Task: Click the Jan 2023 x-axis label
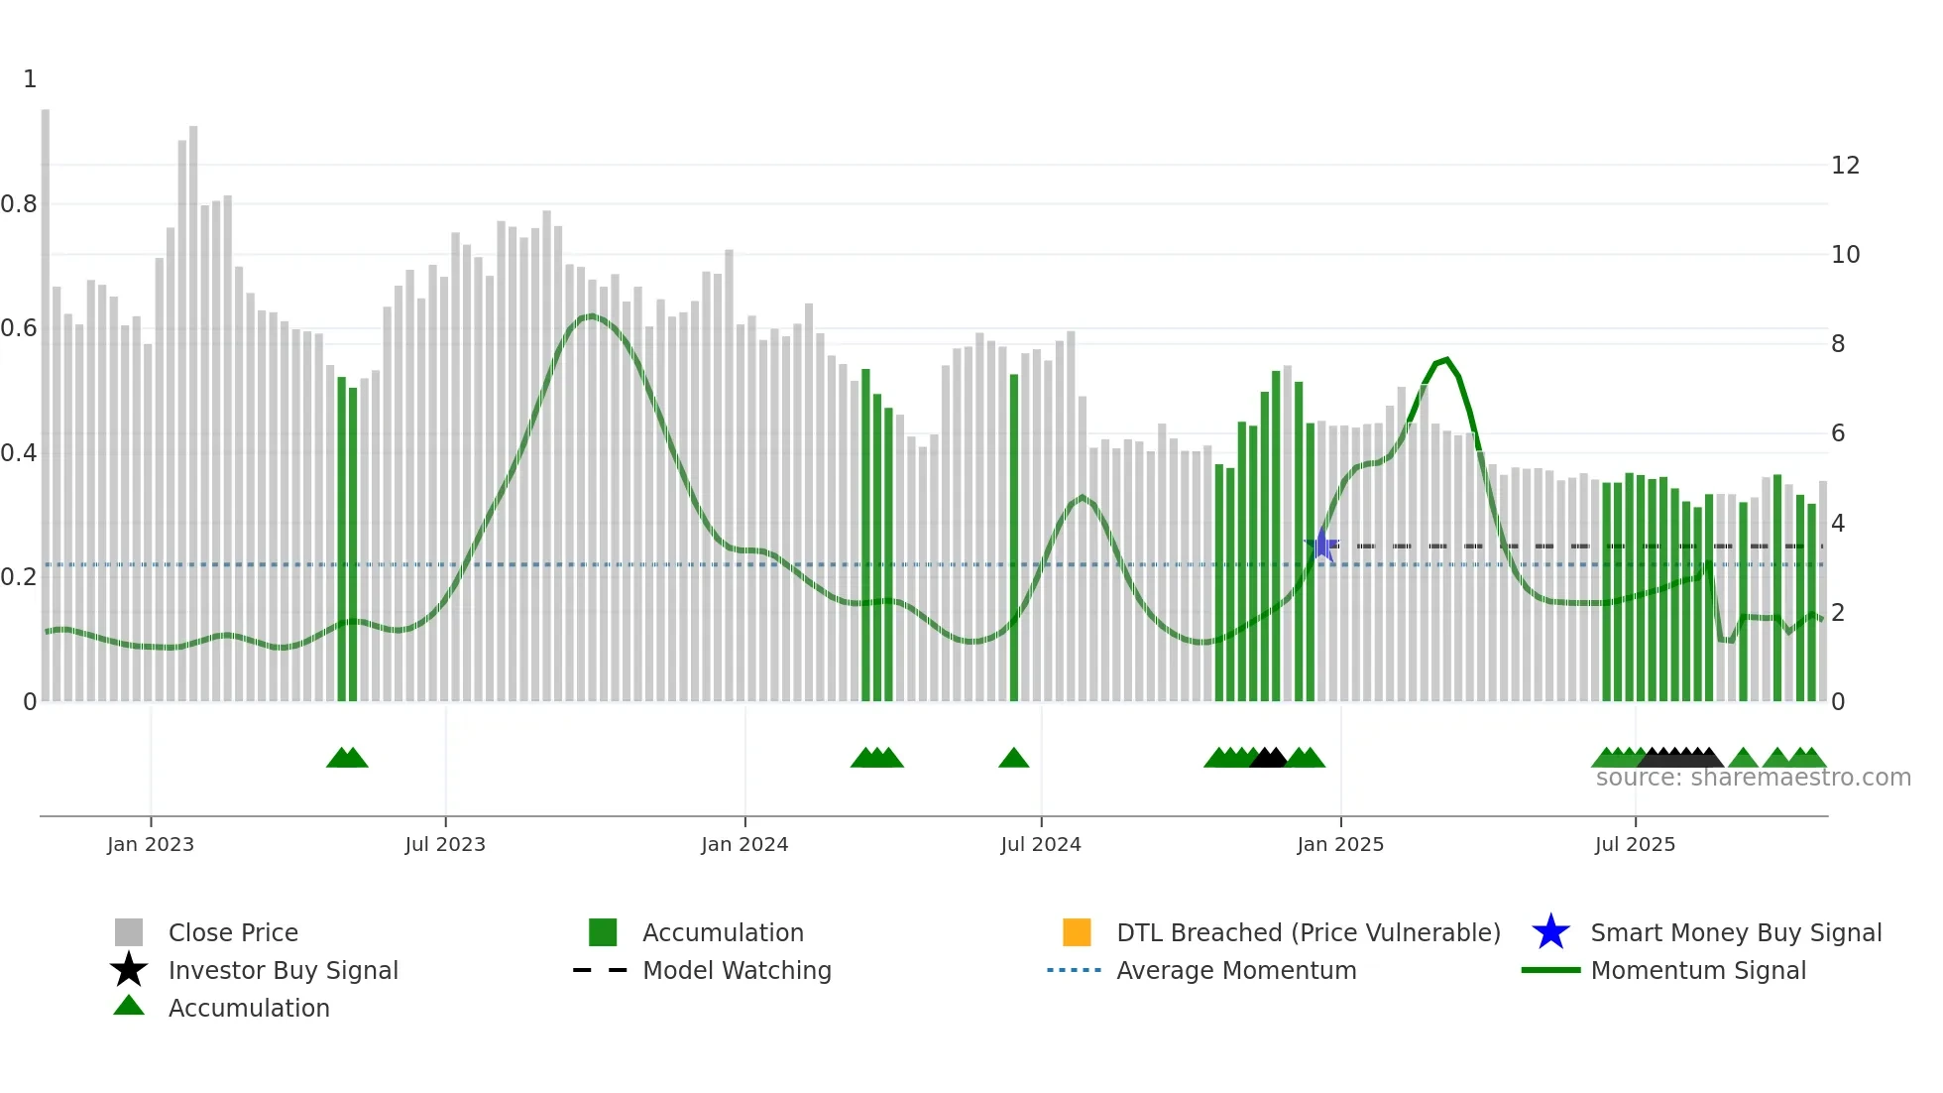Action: tap(151, 844)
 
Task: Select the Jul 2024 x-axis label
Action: tap(1040, 844)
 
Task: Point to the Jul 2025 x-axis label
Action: tap(1635, 844)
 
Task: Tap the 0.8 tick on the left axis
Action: tap(19, 204)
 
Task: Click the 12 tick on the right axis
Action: tap(1845, 166)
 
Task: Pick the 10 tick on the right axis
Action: tap(1845, 255)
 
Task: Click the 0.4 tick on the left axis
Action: tap(19, 453)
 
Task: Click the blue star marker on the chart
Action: tap(1322, 545)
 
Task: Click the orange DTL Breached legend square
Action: tap(1077, 932)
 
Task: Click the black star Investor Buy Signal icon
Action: tap(129, 970)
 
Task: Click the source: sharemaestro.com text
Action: tap(1753, 778)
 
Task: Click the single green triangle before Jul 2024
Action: tap(1013, 759)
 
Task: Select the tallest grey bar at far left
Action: tap(46, 397)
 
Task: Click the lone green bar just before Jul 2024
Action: tap(1014, 536)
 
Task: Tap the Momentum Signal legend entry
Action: tap(1697, 970)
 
